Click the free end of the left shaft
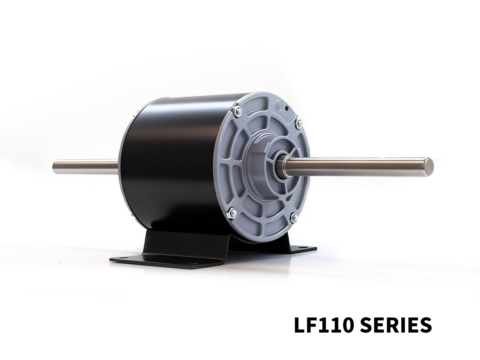(x=54, y=168)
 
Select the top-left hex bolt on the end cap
(x=237, y=111)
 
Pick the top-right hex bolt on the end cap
(x=299, y=124)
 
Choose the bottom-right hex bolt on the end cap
(x=295, y=216)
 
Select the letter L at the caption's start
(x=299, y=325)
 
